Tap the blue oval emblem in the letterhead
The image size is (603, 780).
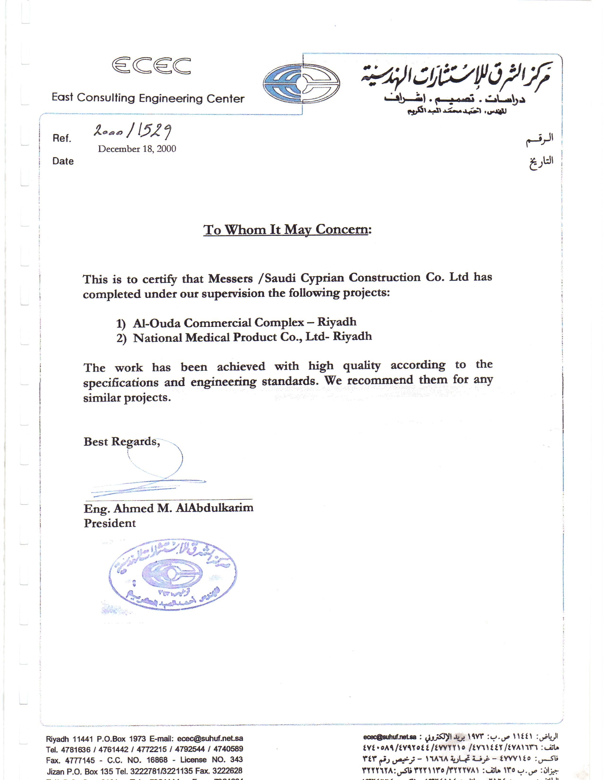pos(301,84)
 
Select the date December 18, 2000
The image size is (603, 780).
pos(137,149)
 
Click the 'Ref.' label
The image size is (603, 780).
pos(62,138)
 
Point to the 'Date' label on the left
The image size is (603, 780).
pos(63,161)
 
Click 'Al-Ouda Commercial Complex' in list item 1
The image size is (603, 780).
pos(218,323)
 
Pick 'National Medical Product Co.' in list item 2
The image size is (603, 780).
pos(218,338)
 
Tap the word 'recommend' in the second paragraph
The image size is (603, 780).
pos(380,380)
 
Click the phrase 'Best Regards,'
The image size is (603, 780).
pos(122,442)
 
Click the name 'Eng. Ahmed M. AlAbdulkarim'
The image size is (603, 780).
pos(169,508)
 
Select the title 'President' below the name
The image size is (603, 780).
pos(110,523)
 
